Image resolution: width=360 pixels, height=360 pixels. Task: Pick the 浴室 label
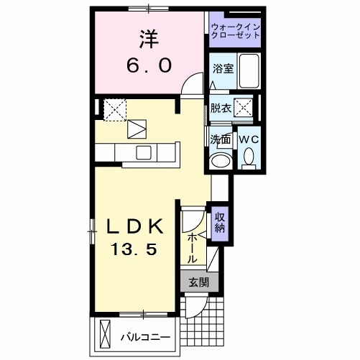222,69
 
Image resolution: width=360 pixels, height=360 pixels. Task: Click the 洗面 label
219,139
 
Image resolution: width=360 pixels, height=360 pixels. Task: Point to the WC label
249,139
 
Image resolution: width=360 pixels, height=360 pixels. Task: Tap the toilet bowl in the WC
249,157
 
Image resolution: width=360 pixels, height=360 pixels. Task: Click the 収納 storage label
219,222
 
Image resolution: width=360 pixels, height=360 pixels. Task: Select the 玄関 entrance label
198,282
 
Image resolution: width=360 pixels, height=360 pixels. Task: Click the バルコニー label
144,336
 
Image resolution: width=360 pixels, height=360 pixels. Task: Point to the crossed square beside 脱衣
244,109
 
